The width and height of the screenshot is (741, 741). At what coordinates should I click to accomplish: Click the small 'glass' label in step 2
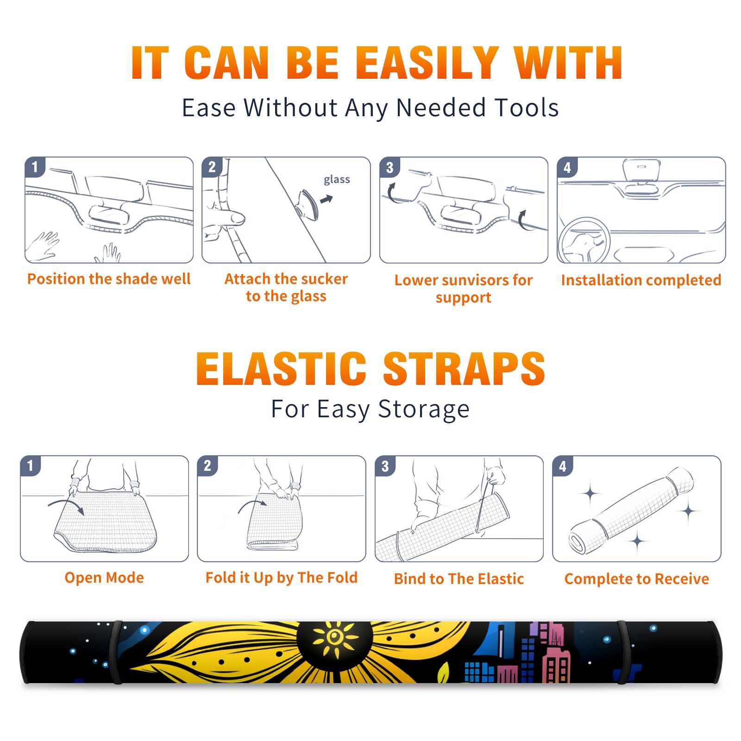tap(337, 180)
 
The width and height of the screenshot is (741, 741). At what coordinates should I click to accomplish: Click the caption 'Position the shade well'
tap(109, 279)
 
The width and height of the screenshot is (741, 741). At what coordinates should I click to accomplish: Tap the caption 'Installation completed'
tap(641, 280)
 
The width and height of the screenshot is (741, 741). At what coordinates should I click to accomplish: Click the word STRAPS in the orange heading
tap(464, 369)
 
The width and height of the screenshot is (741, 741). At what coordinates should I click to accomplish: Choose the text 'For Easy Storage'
tap(370, 409)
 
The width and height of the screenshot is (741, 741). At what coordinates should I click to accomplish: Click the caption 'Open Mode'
tap(104, 578)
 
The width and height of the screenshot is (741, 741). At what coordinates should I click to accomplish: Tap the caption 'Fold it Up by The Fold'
tap(282, 578)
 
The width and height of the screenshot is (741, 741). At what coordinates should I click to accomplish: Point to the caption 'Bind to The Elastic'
tap(459, 579)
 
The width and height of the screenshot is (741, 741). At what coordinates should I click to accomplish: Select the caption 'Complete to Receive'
tap(637, 579)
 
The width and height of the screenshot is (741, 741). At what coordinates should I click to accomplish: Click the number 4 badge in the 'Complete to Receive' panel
tap(563, 466)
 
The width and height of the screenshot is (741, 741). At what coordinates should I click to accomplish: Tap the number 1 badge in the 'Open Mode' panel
tap(31, 466)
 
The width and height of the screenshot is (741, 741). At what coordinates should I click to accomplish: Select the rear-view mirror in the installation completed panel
tap(641, 171)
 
